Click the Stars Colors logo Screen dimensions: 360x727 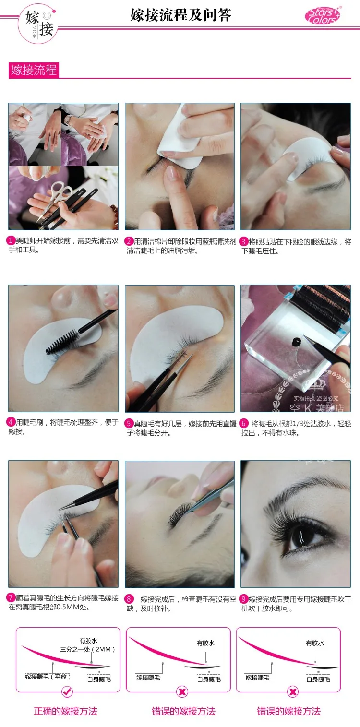(x=323, y=15)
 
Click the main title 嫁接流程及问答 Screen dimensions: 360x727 (x=181, y=15)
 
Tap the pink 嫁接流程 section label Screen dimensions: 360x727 (x=34, y=70)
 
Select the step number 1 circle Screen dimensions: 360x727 (x=11, y=240)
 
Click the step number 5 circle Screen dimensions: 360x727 (x=129, y=423)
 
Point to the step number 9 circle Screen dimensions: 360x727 (x=243, y=599)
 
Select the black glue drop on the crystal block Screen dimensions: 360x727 (x=297, y=342)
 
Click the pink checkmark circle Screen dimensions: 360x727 (x=67, y=692)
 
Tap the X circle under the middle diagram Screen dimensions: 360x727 (x=182, y=692)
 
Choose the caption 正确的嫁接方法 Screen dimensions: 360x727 (x=66, y=711)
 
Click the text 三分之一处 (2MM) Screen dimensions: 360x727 (x=87, y=649)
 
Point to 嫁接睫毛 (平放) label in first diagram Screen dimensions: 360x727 (x=48, y=676)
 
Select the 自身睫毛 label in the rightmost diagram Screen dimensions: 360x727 (x=318, y=679)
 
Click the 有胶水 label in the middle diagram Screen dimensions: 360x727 (x=205, y=643)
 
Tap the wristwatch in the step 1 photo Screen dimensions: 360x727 (x=68, y=119)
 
